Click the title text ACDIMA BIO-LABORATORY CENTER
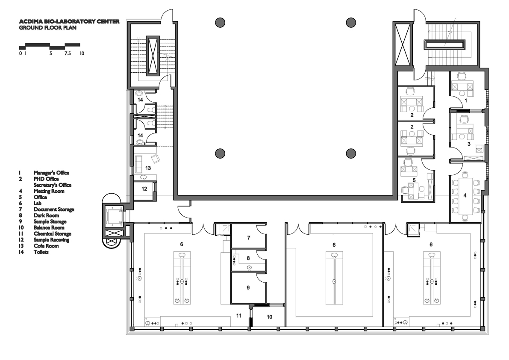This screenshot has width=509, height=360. click(69, 21)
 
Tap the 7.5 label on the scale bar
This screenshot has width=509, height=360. click(68, 53)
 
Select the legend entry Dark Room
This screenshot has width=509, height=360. click(47, 215)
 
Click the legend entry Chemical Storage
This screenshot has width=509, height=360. click(52, 234)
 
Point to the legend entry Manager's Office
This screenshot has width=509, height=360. click(51, 173)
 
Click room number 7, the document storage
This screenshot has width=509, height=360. click(249, 238)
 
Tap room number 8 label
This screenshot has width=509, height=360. click(248, 258)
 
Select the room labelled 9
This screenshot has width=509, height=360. click(248, 287)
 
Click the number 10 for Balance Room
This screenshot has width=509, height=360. click(269, 317)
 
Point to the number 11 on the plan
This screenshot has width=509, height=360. click(239, 316)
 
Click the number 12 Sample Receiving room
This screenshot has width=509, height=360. click(144, 189)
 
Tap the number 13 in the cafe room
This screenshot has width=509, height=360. click(148, 168)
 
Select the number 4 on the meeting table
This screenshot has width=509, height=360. click(465, 195)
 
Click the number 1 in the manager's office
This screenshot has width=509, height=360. click(466, 100)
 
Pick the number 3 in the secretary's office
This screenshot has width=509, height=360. click(469, 144)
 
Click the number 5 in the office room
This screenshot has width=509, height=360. click(414, 180)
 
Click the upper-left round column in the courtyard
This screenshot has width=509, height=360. click(220, 22)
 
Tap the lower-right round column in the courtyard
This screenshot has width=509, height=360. click(351, 153)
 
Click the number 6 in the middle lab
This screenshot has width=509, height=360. click(334, 245)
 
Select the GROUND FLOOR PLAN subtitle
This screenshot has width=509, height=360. click(48, 28)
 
